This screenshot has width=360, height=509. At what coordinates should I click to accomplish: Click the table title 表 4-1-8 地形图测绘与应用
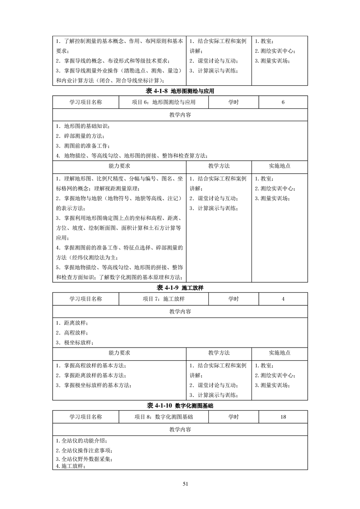tap(180, 91)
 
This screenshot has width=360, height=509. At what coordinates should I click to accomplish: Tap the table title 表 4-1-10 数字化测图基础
tap(180, 405)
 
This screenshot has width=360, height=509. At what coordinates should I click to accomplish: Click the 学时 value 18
tap(283, 417)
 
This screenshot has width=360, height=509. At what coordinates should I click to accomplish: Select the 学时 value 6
tap(283, 103)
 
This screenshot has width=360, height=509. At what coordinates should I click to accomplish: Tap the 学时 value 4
tap(283, 299)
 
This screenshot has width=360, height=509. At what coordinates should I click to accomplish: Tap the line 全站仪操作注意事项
tap(84, 450)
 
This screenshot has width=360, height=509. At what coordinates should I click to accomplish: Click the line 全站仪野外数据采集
tap(84, 459)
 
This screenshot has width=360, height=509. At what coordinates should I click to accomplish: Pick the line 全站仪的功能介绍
tap(82, 440)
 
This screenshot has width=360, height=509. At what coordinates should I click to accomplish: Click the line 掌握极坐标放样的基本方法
tap(94, 385)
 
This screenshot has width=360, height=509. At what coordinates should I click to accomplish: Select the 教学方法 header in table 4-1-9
tap(219, 352)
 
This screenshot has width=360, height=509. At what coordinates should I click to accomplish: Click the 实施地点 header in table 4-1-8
tap(280, 166)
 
